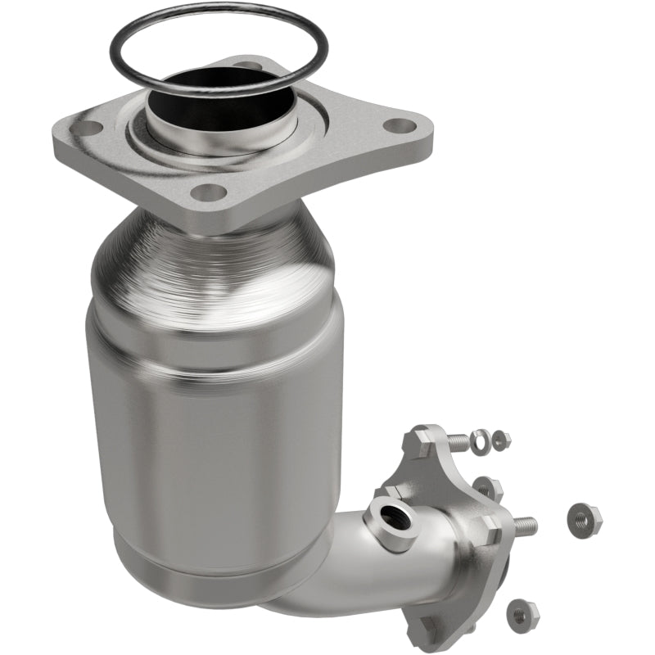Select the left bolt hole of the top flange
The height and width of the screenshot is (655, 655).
click(88, 129)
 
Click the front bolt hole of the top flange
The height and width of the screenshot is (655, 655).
click(210, 192)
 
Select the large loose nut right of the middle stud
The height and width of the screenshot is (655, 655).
click(583, 517)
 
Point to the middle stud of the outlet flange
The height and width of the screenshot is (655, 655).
click(524, 524)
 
